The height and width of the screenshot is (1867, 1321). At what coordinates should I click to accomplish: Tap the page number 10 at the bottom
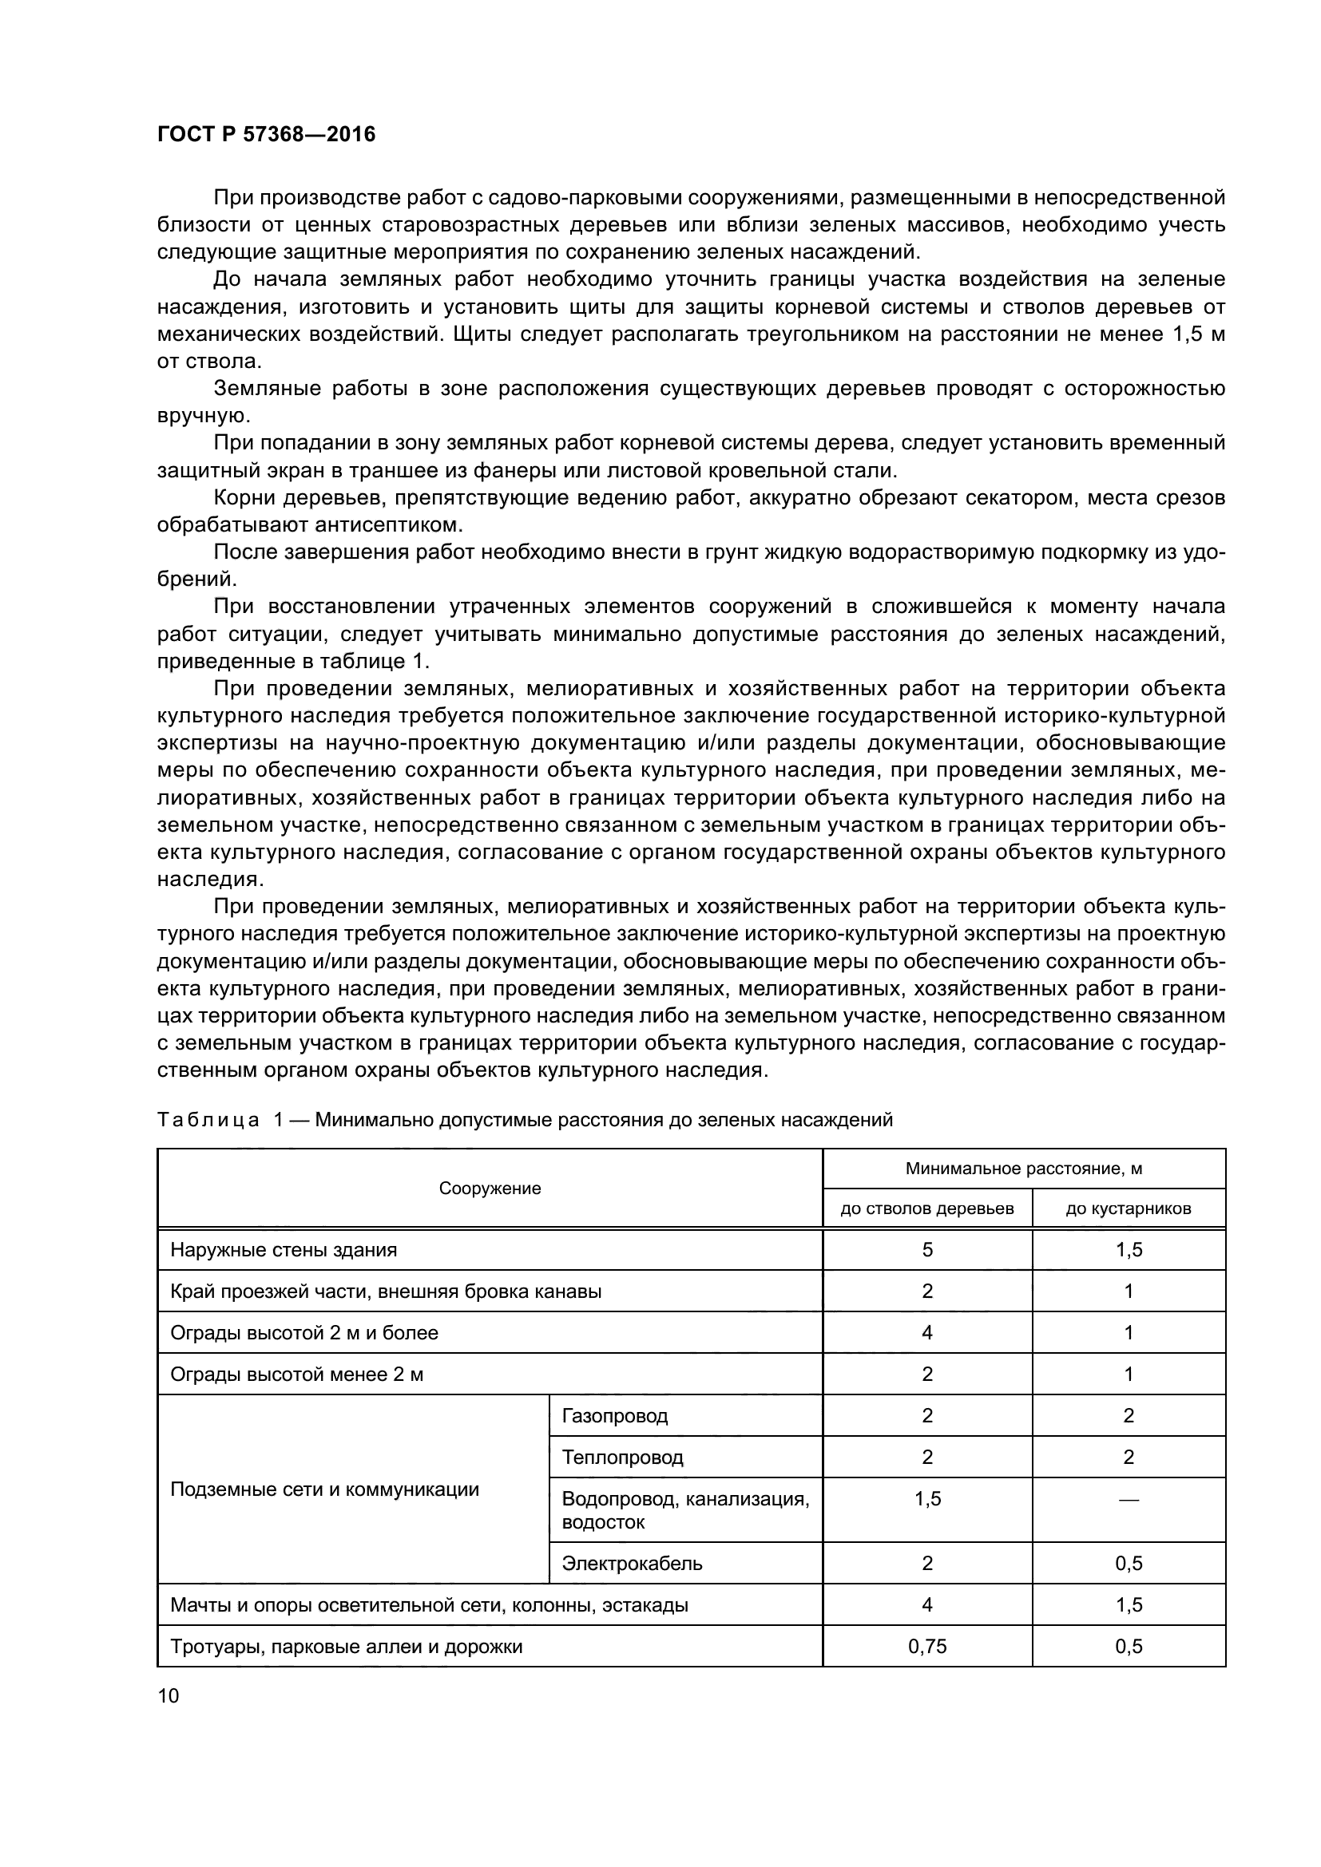(x=168, y=1695)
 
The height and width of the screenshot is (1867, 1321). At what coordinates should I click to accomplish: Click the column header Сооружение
(x=490, y=1188)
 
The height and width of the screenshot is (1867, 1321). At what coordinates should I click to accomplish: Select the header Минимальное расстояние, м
(x=1023, y=1169)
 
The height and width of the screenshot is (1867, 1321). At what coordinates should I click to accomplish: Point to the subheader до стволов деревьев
(x=926, y=1208)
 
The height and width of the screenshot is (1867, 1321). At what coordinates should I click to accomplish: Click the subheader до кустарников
(x=1129, y=1208)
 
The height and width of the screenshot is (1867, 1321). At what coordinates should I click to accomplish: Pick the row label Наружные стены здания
(x=284, y=1250)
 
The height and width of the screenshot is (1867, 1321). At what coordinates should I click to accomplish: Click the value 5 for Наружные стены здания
(x=927, y=1250)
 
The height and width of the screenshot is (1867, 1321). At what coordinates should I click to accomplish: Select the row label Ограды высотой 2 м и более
(x=304, y=1333)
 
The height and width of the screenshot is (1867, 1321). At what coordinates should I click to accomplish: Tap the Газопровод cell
(x=615, y=1416)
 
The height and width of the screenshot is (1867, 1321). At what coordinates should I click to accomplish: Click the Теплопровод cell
(x=622, y=1458)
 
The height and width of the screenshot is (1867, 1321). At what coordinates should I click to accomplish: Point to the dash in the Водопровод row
(x=1129, y=1500)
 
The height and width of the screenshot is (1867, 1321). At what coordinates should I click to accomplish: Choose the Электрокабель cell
(x=632, y=1563)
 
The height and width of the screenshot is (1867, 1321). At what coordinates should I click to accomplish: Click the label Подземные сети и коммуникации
(x=324, y=1489)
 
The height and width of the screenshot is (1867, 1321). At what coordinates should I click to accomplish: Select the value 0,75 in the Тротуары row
(x=927, y=1647)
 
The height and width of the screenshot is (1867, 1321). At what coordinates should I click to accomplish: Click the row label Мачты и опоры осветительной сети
(x=429, y=1605)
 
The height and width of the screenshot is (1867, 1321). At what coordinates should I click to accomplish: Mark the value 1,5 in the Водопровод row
(x=927, y=1499)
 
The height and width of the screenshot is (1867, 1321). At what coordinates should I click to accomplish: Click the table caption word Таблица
(x=208, y=1120)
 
